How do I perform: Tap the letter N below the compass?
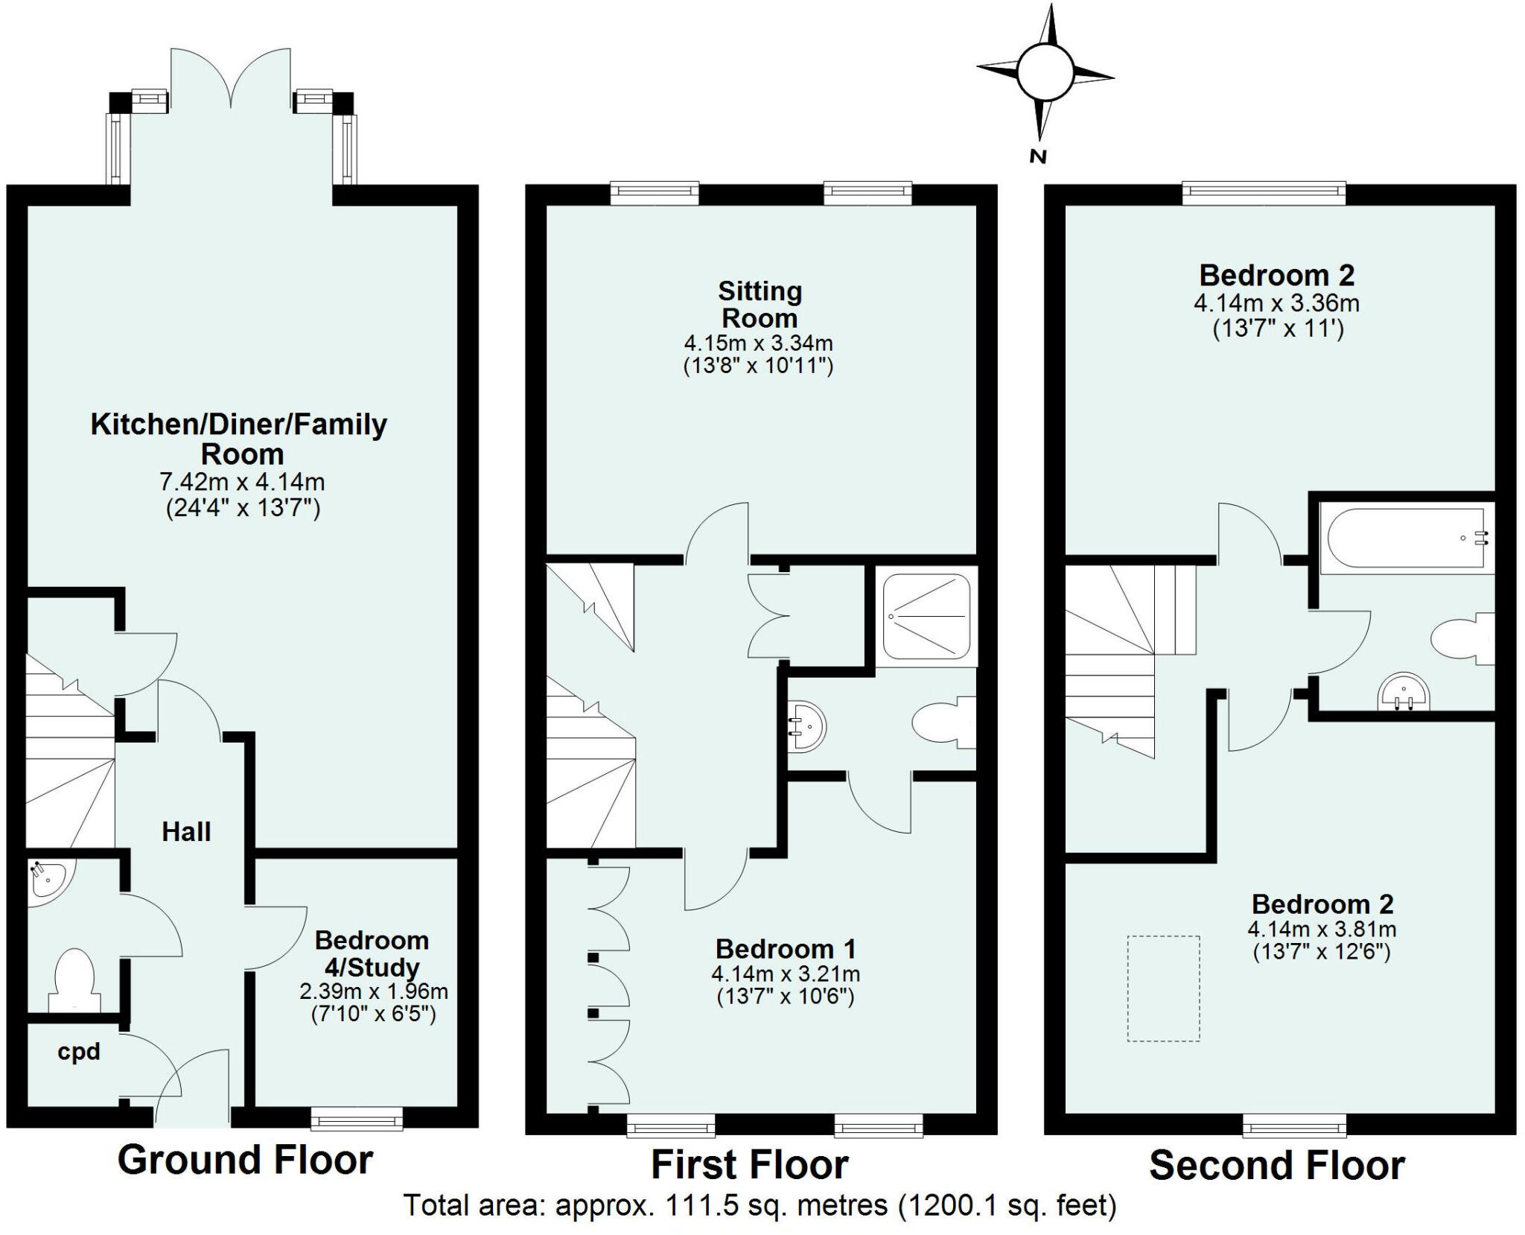(1037, 156)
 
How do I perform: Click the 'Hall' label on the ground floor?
(186, 831)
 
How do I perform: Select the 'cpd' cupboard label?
(78, 1052)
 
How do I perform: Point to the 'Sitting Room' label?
(760, 304)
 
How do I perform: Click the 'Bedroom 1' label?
(786, 949)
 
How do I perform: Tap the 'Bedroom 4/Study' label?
(372, 954)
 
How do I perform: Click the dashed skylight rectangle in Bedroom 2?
(1163, 988)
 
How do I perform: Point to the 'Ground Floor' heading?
(245, 1160)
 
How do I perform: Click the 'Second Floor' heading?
(1276, 1166)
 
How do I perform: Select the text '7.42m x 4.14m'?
(242, 482)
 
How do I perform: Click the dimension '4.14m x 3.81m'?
(1322, 929)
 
